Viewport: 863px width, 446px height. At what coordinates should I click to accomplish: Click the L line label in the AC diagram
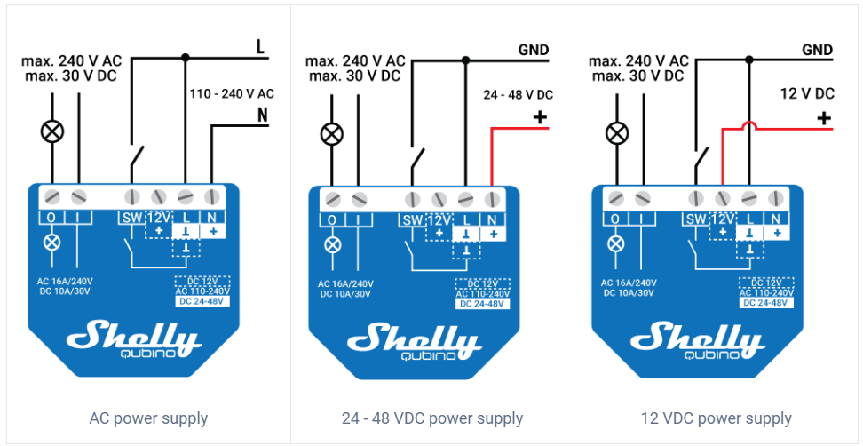[260, 47]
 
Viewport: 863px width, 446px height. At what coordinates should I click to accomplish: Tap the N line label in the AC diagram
[263, 115]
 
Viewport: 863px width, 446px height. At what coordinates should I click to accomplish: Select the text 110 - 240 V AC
[231, 93]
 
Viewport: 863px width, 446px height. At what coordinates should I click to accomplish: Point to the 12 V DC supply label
[807, 93]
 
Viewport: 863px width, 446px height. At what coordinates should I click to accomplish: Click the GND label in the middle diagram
[534, 50]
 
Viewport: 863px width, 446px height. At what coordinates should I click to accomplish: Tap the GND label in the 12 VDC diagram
[817, 50]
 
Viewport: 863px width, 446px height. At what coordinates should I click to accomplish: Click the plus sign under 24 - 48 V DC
[540, 117]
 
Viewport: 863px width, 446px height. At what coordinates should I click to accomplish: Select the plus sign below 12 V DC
[823, 117]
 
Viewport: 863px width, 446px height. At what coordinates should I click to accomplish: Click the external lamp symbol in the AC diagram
[52, 131]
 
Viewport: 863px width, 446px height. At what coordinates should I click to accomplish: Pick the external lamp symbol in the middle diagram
[332, 133]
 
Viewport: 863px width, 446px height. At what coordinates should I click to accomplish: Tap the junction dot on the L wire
[186, 57]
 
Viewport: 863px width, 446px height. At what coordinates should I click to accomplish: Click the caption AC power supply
[148, 418]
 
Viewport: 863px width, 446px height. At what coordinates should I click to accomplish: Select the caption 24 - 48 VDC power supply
[431, 418]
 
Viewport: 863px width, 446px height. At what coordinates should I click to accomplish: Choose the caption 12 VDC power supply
[716, 418]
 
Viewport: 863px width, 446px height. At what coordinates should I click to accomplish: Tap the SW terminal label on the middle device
[413, 221]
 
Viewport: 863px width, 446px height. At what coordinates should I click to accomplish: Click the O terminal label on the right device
[615, 219]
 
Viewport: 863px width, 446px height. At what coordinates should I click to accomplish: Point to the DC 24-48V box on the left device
[202, 301]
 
